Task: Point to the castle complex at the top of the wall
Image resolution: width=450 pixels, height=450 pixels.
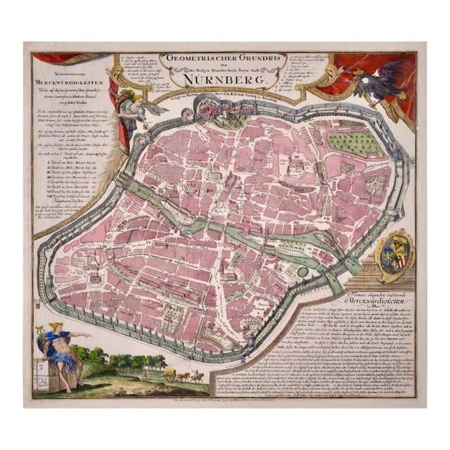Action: point(209,105)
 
